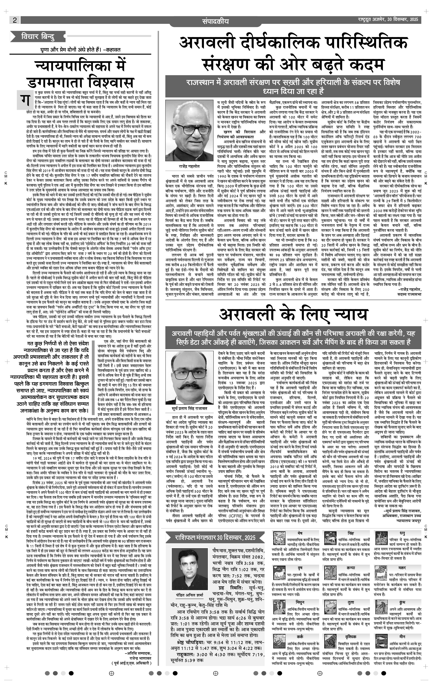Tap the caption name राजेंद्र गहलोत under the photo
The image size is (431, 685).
click(189, 166)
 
